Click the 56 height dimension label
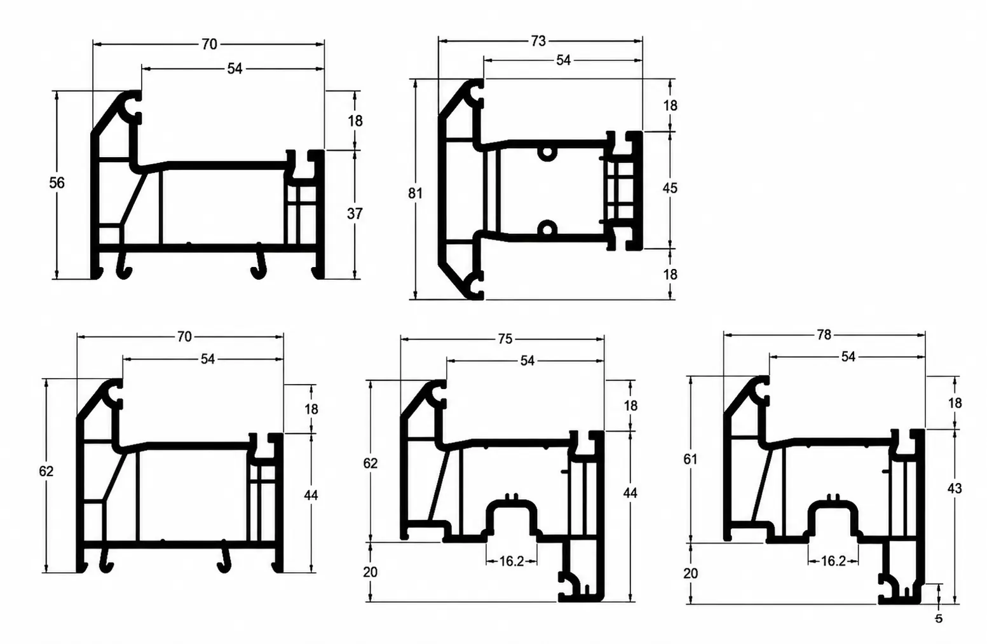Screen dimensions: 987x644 (57, 182)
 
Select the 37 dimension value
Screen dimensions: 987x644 (355, 214)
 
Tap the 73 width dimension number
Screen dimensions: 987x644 (538, 41)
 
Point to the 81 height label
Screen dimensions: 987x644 (415, 193)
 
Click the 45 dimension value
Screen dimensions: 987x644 (670, 188)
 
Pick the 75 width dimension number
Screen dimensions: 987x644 (505, 339)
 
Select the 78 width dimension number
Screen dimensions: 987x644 (824, 335)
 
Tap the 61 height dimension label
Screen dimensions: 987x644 (690, 459)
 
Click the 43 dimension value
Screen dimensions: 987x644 (955, 488)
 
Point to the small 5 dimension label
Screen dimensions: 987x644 (939, 619)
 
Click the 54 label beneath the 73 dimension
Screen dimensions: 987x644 (563, 60)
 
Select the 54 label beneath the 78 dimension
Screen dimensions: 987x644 (848, 357)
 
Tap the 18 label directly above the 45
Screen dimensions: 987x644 (670, 106)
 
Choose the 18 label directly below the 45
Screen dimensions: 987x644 (670, 275)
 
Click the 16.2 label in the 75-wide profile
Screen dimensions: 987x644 (512, 561)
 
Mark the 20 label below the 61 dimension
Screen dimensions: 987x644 (690, 573)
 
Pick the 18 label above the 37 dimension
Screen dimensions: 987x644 (355, 121)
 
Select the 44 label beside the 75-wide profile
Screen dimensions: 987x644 (630, 493)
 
